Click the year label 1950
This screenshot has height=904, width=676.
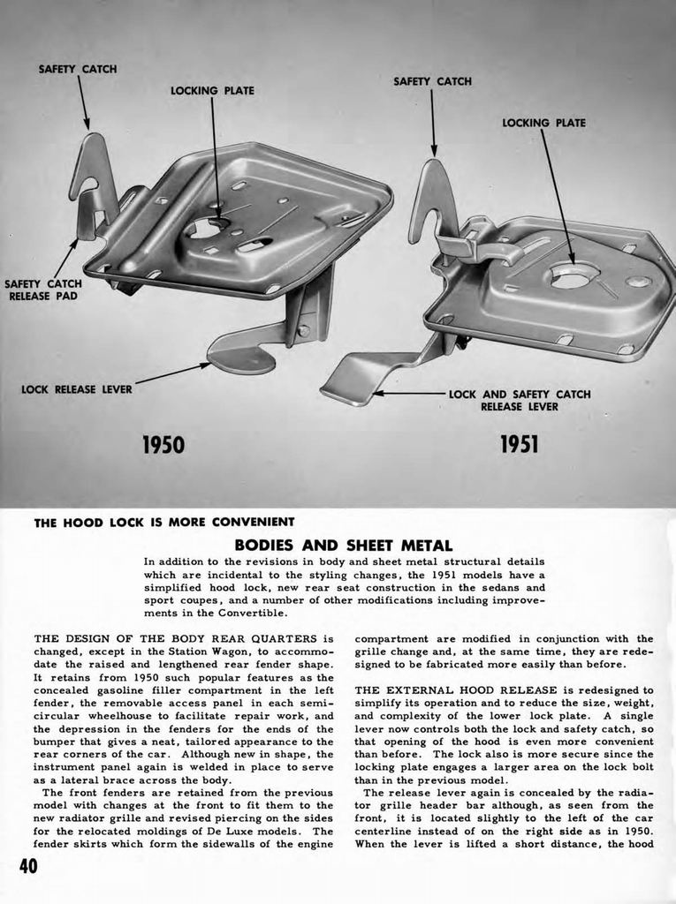click(x=163, y=443)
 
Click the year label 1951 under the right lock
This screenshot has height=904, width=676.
click(x=519, y=443)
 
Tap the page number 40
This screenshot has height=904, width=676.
click(x=30, y=865)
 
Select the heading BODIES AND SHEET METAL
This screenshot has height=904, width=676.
click(x=343, y=546)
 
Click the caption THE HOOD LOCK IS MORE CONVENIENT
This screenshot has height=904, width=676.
click(x=163, y=522)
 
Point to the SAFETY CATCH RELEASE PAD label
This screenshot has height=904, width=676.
click(x=42, y=290)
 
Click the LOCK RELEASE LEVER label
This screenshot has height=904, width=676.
click(x=76, y=388)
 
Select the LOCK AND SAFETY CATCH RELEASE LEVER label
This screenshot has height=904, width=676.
click(x=520, y=400)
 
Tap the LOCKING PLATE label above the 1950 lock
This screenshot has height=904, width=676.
click(x=212, y=91)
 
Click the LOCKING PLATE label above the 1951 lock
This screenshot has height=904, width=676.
click(x=543, y=123)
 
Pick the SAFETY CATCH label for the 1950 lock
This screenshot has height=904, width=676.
click(x=78, y=69)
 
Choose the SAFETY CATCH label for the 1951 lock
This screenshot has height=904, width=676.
click(x=432, y=81)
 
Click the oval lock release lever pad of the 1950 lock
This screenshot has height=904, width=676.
click(x=239, y=357)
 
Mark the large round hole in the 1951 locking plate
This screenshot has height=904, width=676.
click(x=573, y=277)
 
